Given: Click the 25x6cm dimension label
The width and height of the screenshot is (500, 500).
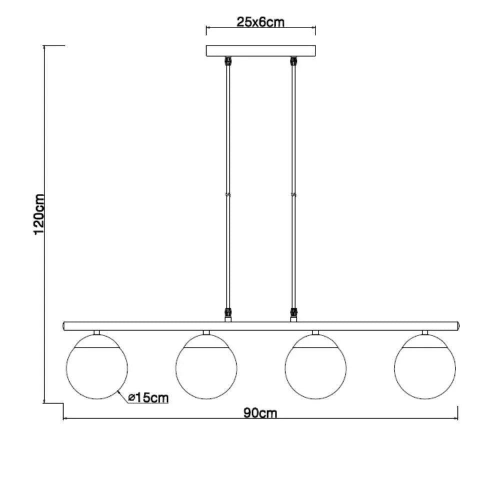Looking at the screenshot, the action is click(260, 22).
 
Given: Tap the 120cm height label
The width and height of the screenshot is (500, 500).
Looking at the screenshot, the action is click(39, 214).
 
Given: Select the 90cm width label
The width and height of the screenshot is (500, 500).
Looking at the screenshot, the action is click(260, 413).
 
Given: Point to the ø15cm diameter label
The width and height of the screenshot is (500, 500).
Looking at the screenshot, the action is click(148, 397).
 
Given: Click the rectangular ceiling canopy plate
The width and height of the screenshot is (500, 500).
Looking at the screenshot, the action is click(260, 51).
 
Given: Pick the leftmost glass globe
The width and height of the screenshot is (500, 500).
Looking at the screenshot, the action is click(97, 366).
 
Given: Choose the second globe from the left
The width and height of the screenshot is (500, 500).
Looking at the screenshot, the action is click(206, 366).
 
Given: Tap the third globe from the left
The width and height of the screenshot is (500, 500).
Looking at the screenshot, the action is click(315, 366).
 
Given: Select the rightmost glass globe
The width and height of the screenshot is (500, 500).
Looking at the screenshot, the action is click(425, 366).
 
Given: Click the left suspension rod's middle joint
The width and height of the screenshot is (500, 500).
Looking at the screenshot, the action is click(228, 194).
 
